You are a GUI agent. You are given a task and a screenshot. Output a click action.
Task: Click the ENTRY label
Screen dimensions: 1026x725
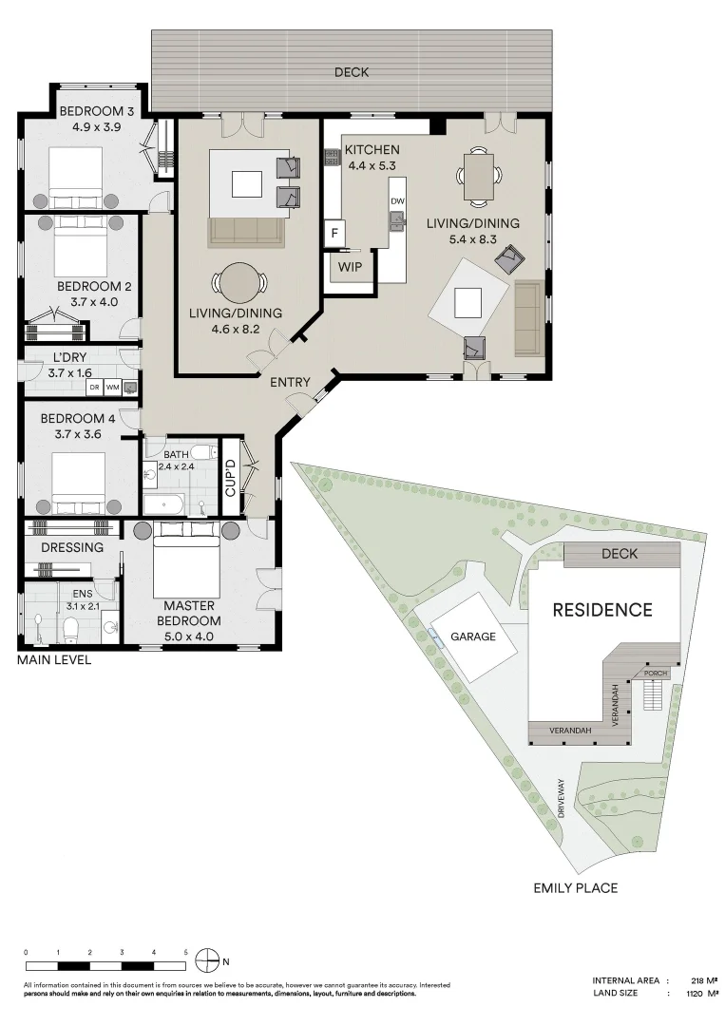click(290, 383)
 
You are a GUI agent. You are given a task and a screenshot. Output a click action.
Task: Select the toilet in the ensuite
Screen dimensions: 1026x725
click(69, 626)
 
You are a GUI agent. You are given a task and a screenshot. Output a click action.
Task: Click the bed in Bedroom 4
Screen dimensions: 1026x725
click(78, 480)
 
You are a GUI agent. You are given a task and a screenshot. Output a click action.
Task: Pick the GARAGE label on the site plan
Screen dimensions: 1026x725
click(473, 636)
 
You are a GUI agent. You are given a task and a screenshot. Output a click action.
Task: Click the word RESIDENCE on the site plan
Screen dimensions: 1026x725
click(602, 610)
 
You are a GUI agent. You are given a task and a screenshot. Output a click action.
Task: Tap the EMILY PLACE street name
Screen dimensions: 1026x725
click(576, 888)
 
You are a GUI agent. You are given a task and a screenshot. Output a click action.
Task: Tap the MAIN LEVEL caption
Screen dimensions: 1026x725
click(54, 659)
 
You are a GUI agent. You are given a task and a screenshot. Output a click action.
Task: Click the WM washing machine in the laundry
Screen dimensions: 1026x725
click(112, 388)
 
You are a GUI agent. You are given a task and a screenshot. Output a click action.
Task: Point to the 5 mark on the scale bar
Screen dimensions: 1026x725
click(186, 951)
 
